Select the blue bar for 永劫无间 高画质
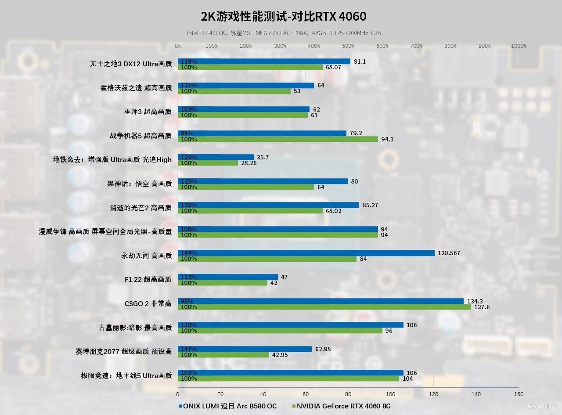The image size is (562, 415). [306, 253]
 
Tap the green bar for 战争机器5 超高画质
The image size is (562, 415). [277, 139]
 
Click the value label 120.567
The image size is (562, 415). [449, 253]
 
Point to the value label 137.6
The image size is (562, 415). [482, 307]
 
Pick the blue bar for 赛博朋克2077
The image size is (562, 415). [245, 349]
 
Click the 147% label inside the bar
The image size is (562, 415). [189, 349]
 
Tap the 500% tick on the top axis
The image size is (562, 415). [348, 46]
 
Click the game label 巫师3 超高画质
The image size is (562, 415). [148, 112]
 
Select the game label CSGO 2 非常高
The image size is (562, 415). [148, 303]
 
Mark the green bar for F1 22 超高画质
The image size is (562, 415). [222, 283]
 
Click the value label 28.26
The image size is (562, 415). [247, 163]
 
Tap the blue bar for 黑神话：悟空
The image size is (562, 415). [263, 181]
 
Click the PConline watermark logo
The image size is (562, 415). [541, 406]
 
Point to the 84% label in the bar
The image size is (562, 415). [187, 133]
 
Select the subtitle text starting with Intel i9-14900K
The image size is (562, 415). [283, 33]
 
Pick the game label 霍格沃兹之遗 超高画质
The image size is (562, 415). [136, 88]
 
